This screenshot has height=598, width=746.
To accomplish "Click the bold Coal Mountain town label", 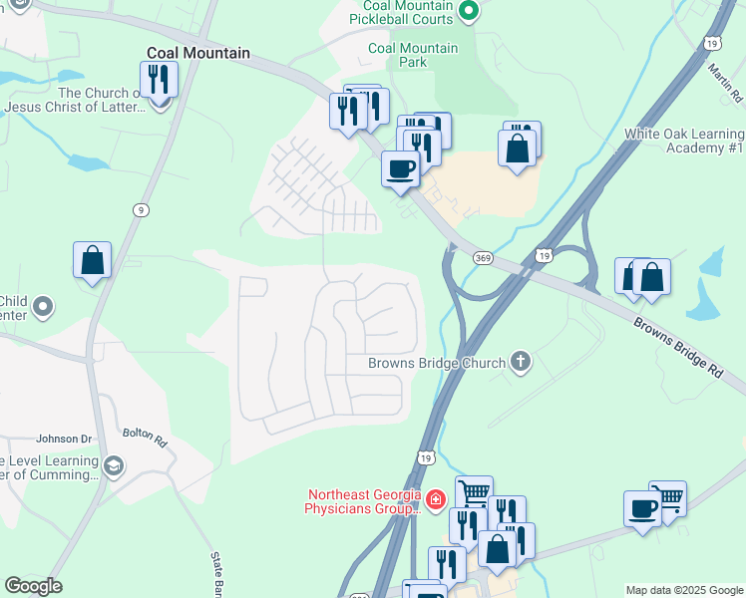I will pyautogui.click(x=197, y=53).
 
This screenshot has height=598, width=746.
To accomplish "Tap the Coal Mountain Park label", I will pyautogui.click(x=413, y=55).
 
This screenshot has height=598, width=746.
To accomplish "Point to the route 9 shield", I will pyautogui.click(x=142, y=209).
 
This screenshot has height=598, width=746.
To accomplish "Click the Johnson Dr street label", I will pyautogui.click(x=64, y=439).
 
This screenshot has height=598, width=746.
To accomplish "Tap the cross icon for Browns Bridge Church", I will pyautogui.click(x=520, y=363).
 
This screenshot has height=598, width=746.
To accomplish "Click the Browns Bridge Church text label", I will pyautogui.click(x=437, y=364).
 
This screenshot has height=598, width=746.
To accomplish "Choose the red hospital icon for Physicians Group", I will pyautogui.click(x=434, y=499).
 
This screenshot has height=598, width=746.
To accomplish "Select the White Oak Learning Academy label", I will pyautogui.click(x=684, y=141).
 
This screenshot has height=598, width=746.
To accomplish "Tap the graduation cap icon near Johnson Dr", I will pyautogui.click(x=114, y=466).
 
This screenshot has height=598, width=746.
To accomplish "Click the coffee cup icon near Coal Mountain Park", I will pyautogui.click(x=401, y=168).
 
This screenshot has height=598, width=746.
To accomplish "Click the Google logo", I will pyautogui.click(x=33, y=586).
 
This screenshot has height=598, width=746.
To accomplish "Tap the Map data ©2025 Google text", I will pyautogui.click(x=684, y=590).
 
